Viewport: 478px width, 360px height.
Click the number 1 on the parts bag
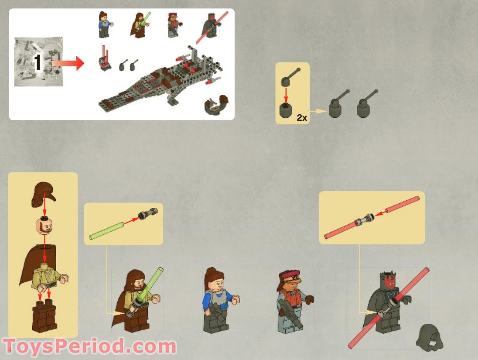pos(38,62)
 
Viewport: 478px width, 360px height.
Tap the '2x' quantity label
pos(302,118)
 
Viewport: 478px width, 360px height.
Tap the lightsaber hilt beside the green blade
pos(147,214)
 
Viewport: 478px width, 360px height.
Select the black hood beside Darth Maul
pos(429,338)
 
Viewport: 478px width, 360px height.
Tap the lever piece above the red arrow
pos(290,76)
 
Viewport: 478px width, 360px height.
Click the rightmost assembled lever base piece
pos(365,105)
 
